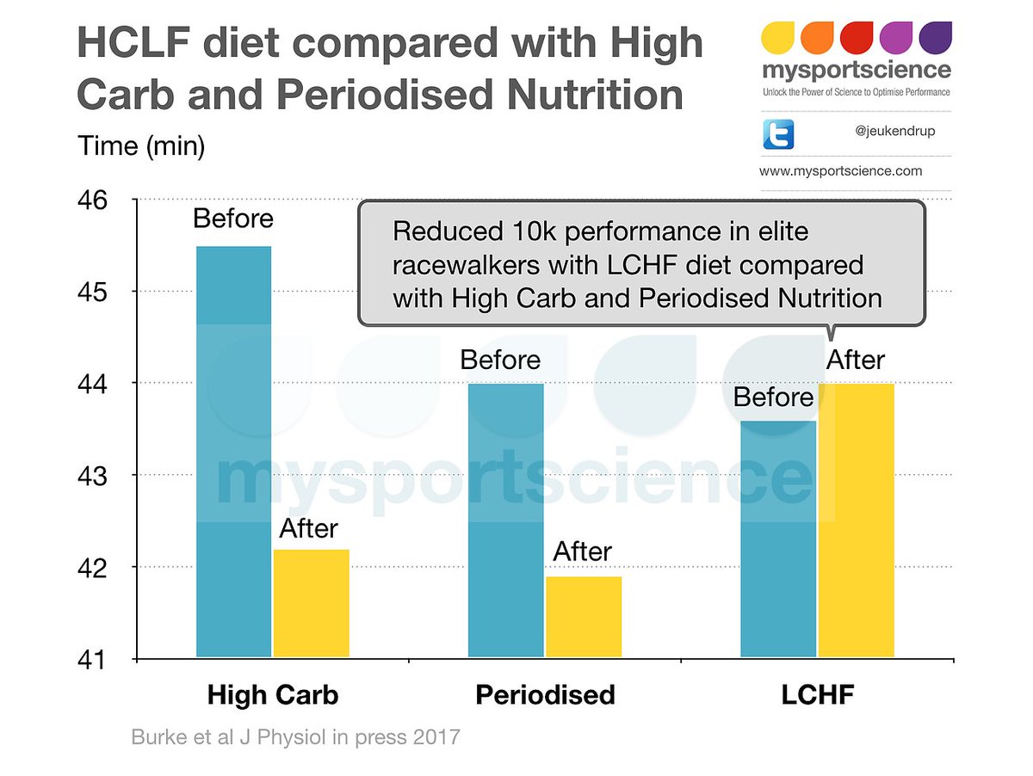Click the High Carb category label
(x=272, y=695)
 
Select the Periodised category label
(x=545, y=695)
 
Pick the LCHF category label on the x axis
(x=817, y=695)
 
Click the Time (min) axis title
(x=141, y=145)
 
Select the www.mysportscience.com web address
(x=840, y=171)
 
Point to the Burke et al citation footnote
(x=295, y=738)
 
